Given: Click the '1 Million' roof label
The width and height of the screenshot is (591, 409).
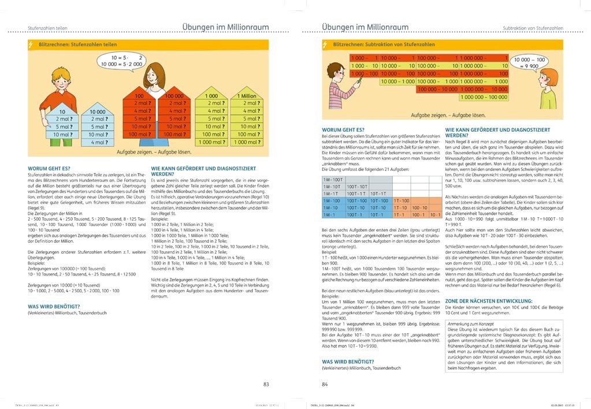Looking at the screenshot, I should click(246, 96).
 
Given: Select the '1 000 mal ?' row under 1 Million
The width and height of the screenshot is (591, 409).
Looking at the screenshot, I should click(246, 142).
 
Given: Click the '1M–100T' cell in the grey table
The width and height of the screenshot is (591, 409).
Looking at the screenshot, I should click(333, 180).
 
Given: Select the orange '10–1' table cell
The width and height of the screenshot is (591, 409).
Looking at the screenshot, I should click(435, 214).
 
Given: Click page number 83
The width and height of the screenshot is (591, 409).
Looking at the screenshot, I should click(266, 384).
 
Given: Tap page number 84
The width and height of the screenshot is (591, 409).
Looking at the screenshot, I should click(325, 384).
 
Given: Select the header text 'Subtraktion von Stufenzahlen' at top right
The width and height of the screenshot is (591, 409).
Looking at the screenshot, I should click(533, 28).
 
